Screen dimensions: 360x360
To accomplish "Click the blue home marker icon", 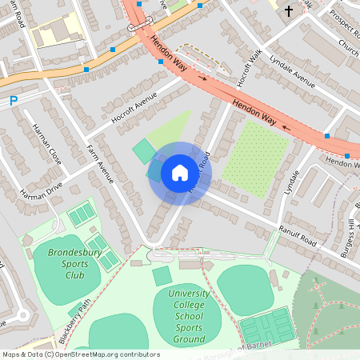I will click(x=179, y=173).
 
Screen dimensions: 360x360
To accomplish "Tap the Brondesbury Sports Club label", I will click(x=66, y=263).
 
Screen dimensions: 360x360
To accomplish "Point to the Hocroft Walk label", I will click(x=234, y=73).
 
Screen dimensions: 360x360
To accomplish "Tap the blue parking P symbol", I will click(x=14, y=101).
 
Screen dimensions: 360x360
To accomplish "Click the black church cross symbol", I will click(x=288, y=11).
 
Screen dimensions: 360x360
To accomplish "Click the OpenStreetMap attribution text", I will click(x=80, y=354).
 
